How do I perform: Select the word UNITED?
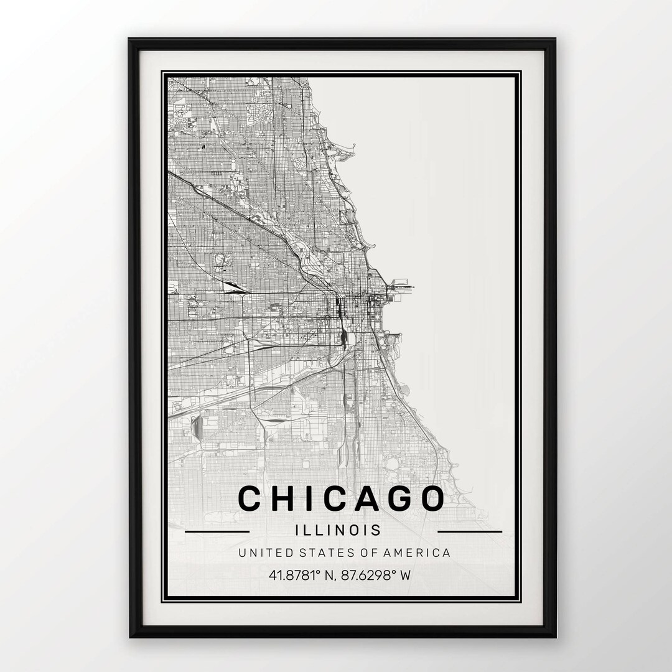(262, 553)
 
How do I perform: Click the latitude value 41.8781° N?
(299, 575)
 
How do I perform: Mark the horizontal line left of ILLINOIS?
(217, 532)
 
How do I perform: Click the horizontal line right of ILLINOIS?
(470, 532)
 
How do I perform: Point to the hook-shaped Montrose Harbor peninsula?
(350, 148)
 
